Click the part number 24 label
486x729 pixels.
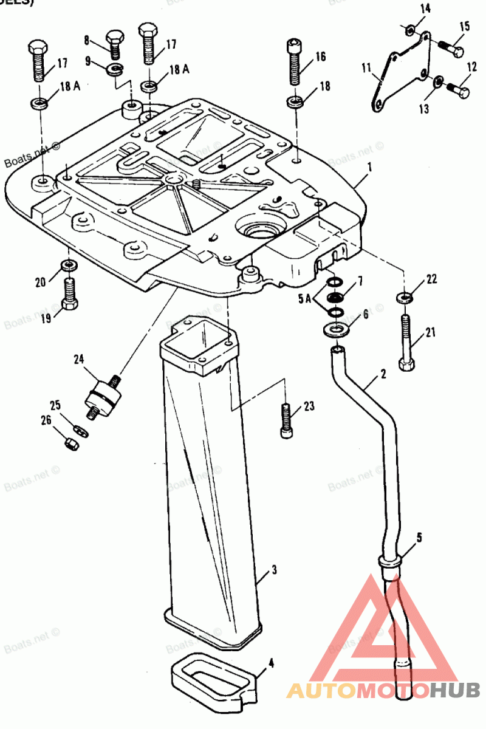79,359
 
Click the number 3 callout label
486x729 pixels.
274,570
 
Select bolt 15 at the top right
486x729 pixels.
449,47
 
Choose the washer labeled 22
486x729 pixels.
403,298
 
